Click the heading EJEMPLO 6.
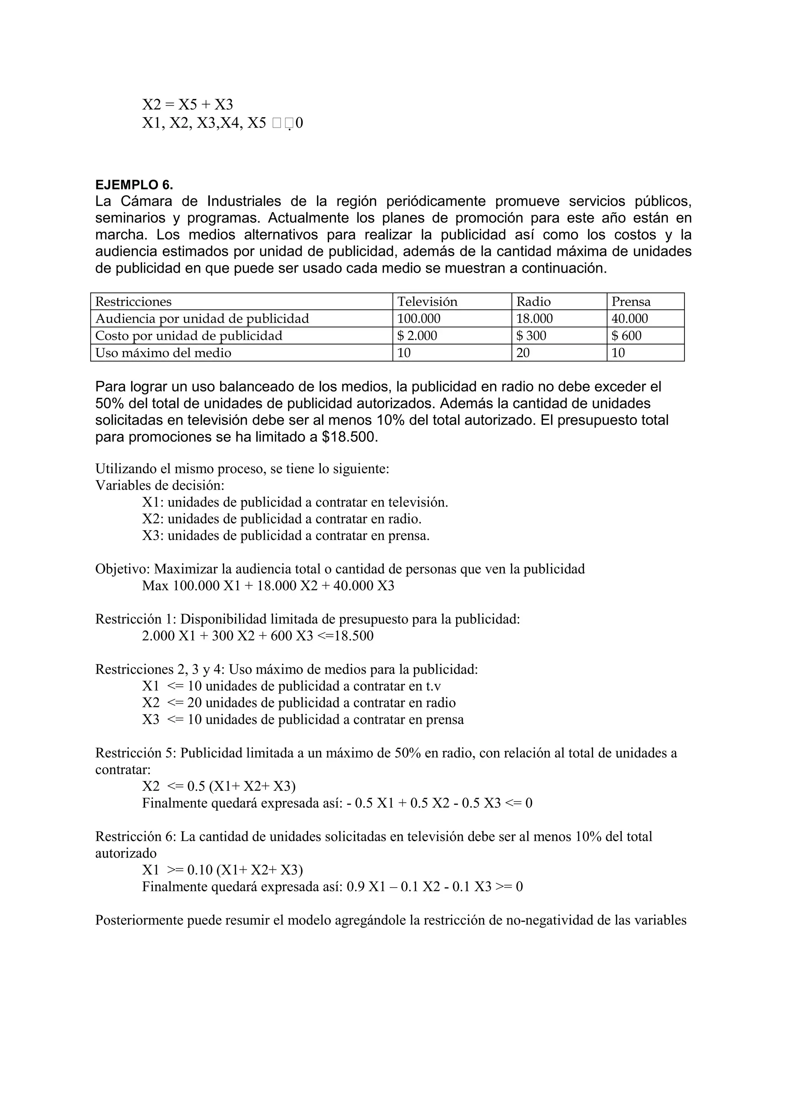point(134,185)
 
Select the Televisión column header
point(427,301)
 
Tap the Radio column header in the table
point(533,301)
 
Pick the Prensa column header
point(631,301)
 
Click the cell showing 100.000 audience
point(419,318)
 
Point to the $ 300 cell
point(531,335)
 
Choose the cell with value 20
point(523,353)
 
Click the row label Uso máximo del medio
point(163,353)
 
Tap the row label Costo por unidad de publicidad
point(189,335)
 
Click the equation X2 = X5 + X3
point(188,104)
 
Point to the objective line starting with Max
point(268,586)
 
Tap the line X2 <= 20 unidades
point(299,702)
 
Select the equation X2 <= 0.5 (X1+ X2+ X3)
point(219,786)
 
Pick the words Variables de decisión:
point(160,485)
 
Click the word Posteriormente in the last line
point(139,920)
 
